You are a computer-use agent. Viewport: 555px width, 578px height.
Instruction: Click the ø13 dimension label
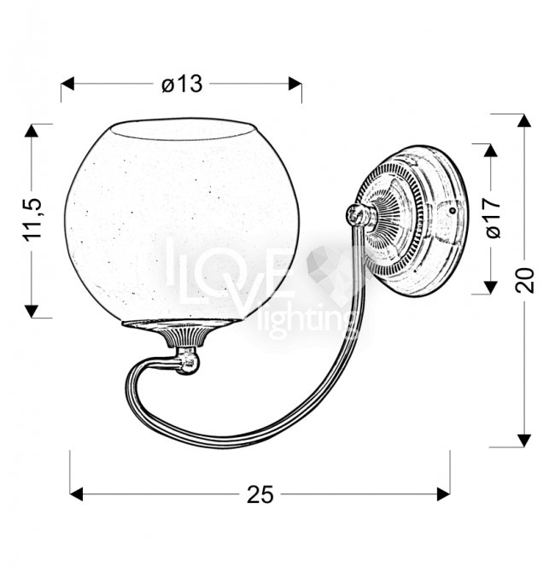182,84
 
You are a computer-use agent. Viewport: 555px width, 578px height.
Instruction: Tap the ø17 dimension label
493,218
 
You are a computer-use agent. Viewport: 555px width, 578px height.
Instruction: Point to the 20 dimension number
525,280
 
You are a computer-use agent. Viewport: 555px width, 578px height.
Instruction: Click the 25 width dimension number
260,494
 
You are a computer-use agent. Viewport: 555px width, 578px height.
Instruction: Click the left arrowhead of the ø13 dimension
67,84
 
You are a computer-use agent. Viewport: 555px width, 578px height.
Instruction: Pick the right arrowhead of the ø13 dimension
295,84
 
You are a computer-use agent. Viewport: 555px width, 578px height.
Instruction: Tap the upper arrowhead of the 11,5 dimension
32,131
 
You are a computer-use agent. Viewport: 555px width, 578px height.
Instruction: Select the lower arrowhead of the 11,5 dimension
32,311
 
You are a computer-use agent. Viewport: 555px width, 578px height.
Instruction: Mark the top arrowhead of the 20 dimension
524,121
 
